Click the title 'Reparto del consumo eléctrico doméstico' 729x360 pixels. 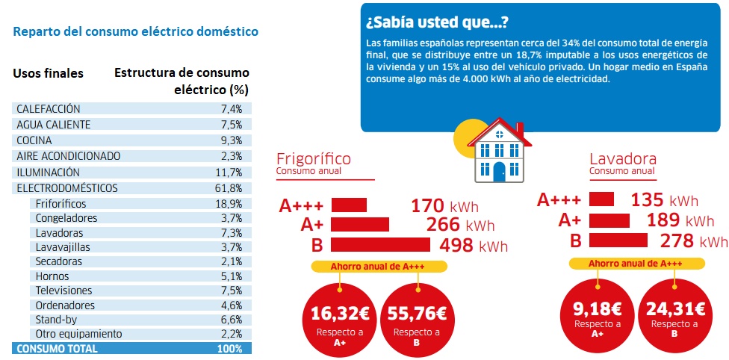[136, 31]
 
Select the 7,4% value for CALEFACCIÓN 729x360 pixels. [230, 109]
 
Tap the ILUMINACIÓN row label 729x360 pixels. [49, 172]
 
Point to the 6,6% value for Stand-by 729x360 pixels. [231, 319]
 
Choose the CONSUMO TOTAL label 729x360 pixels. [57, 348]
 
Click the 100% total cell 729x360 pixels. [229, 348]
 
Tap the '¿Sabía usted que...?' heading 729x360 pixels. [438, 21]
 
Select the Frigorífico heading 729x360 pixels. [313, 158]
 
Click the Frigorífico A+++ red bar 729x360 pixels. [349, 205]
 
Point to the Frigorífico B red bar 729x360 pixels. [380, 244]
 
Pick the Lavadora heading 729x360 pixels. [622, 158]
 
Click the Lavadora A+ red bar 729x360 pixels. [609, 220]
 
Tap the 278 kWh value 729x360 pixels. [693, 240]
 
